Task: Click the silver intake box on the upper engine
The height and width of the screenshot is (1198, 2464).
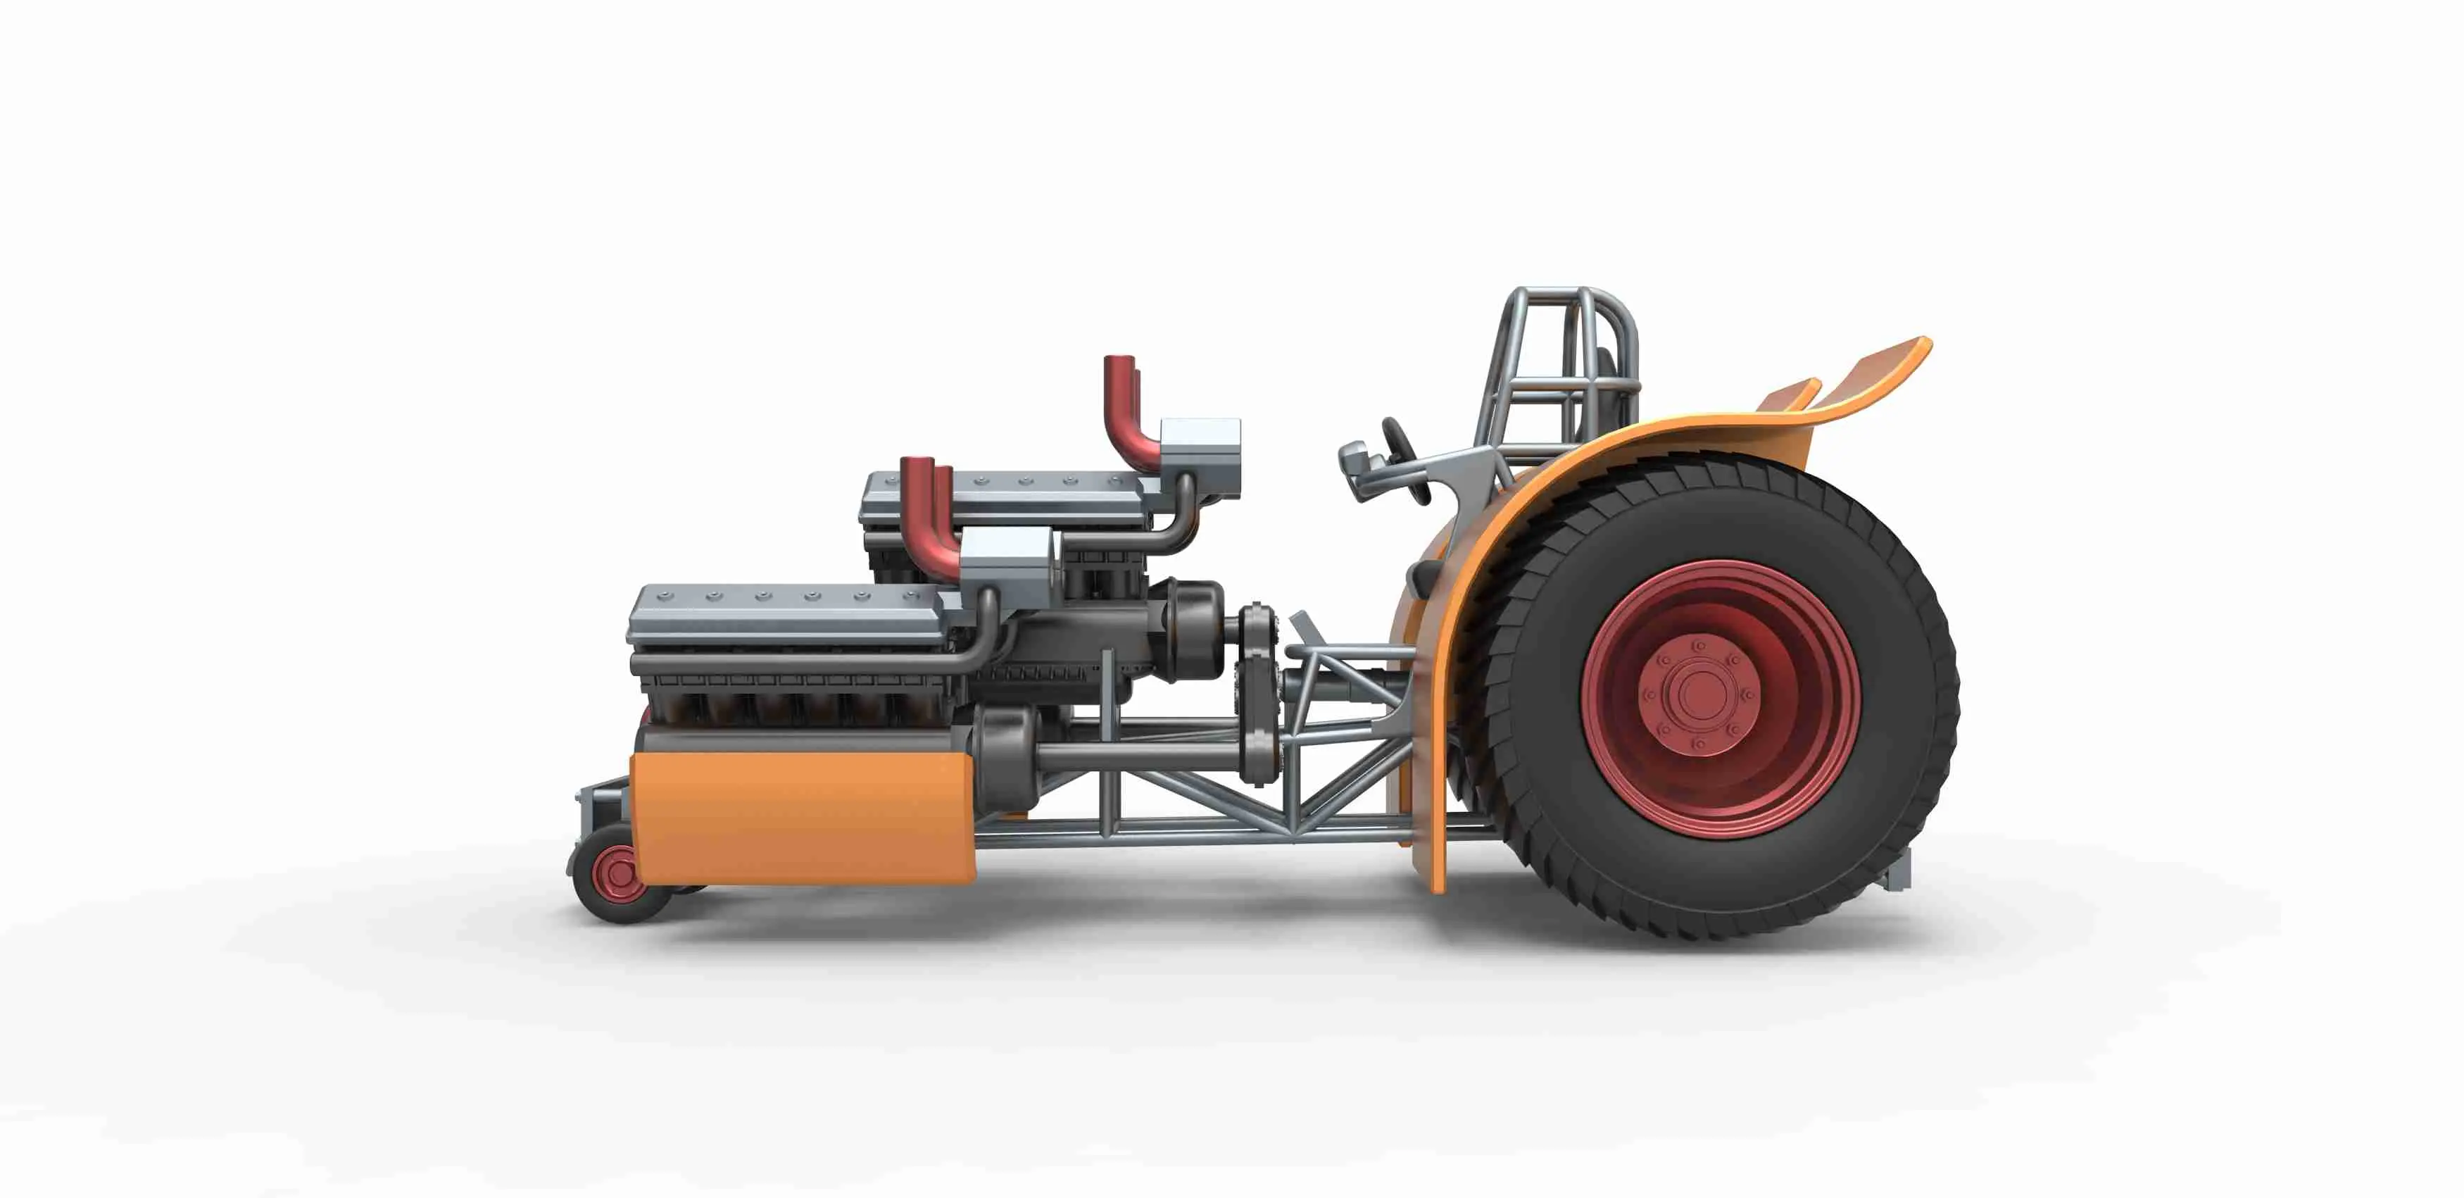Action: point(1200,448)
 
